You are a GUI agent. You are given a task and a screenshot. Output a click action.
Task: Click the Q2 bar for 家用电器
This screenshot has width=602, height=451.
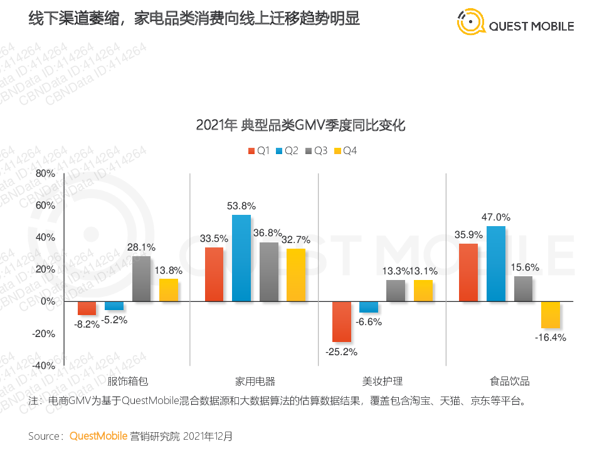tap(241, 258)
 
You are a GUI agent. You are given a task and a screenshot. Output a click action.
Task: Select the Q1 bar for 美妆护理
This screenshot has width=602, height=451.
tap(342, 321)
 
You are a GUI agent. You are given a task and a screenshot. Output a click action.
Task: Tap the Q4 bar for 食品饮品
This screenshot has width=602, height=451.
tap(551, 314)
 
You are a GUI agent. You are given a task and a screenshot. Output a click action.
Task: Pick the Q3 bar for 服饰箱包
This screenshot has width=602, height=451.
tap(141, 279)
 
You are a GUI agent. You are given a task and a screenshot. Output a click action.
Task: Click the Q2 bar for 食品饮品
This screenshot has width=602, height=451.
tap(496, 264)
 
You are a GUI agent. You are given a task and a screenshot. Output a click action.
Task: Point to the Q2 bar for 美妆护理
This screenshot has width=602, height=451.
tap(369, 306)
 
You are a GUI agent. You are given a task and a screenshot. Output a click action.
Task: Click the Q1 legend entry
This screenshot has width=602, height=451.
tap(258, 151)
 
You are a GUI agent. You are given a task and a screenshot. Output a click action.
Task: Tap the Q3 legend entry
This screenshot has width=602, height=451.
tap(317, 151)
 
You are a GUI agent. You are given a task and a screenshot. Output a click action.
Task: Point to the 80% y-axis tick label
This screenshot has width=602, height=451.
tap(45, 174)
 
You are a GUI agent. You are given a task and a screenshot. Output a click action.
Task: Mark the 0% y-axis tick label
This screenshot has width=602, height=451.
tap(48, 301)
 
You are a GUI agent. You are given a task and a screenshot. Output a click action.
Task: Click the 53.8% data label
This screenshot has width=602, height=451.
tap(241, 205)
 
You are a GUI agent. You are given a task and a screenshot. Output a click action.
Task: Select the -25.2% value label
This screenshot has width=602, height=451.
tap(342, 351)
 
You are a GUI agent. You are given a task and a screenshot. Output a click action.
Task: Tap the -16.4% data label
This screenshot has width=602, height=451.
tap(551, 338)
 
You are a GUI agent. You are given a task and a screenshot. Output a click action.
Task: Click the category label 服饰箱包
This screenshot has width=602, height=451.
tap(127, 381)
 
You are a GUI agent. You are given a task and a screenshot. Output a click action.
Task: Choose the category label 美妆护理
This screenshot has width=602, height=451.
tap(382, 381)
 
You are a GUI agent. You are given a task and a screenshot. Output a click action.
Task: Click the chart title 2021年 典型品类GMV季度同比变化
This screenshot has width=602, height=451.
tap(300, 125)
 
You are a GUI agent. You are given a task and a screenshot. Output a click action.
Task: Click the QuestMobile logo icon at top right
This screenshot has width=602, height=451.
tap(471, 23)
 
